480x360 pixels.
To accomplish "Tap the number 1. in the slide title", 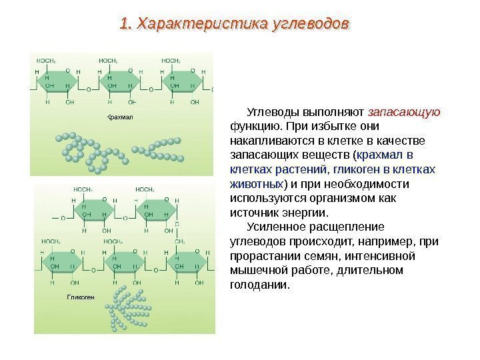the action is (125, 24).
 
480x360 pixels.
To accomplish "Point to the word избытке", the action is (331, 125).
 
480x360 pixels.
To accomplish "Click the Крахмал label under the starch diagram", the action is (121, 117).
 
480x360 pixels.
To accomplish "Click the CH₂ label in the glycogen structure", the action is (180, 242).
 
